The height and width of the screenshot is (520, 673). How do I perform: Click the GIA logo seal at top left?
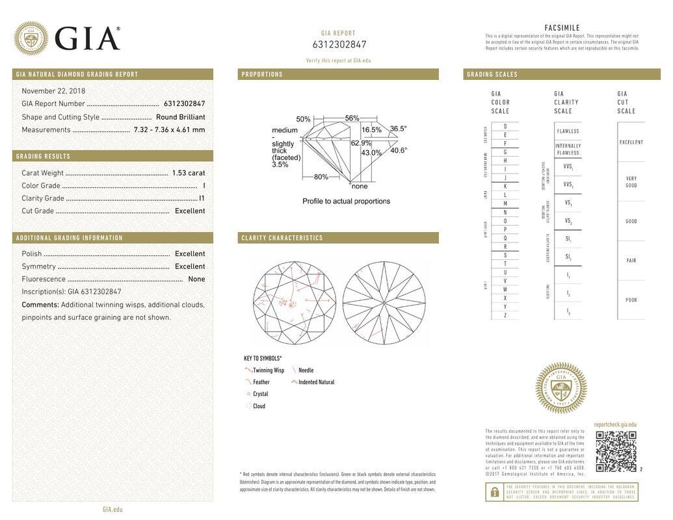pyautogui.click(x=31, y=38)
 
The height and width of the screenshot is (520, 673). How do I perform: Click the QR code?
pyautogui.click(x=616, y=451)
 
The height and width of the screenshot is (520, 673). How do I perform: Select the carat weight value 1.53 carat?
pyautogui.click(x=188, y=173)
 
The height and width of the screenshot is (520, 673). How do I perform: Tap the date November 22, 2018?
pyautogui.click(x=53, y=91)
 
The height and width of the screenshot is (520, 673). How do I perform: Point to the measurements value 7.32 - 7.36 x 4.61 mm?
pyautogui.click(x=169, y=130)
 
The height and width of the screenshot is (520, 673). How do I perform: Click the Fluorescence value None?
pyautogui.click(x=196, y=279)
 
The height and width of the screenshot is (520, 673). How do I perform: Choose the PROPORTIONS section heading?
pyautogui.click(x=262, y=75)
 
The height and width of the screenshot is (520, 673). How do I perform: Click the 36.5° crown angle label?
pyautogui.click(x=398, y=129)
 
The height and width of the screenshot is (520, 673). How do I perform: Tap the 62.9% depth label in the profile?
pyautogui.click(x=361, y=143)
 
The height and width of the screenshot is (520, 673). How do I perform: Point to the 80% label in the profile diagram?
pyautogui.click(x=321, y=177)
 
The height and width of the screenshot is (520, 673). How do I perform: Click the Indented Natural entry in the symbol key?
pyautogui.click(x=316, y=382)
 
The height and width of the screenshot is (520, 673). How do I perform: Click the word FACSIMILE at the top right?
pyautogui.click(x=562, y=28)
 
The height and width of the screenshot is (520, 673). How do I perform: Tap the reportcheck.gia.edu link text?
pyautogui.click(x=615, y=424)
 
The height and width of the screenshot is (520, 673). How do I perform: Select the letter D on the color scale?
pyautogui.click(x=505, y=126)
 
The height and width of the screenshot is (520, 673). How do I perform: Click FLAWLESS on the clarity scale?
pyautogui.click(x=568, y=131)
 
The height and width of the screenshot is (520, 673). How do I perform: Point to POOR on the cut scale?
pyautogui.click(x=631, y=300)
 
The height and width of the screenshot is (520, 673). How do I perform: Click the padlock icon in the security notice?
pyautogui.click(x=494, y=492)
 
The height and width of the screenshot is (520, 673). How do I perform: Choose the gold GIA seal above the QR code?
pyautogui.click(x=561, y=388)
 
